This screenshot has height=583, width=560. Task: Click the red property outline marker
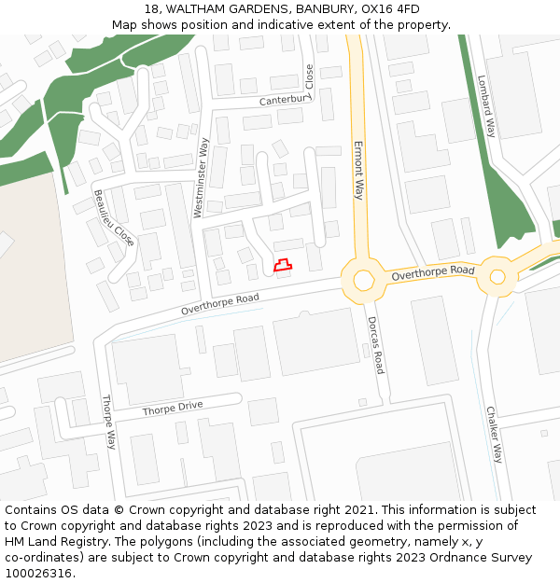(282, 266)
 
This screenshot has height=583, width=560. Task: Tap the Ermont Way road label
(357, 170)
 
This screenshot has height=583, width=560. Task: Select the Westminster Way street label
(201, 177)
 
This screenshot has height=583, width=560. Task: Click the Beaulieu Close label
(113, 218)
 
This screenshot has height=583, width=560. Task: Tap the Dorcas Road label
(374, 344)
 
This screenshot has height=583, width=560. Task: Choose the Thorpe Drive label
(172, 409)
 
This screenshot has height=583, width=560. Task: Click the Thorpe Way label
(109, 422)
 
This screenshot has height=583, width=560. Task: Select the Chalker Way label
(494, 434)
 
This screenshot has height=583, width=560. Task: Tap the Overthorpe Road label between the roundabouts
(433, 273)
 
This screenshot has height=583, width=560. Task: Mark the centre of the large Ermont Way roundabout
(362, 279)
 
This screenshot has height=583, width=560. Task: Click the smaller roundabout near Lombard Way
(497, 276)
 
